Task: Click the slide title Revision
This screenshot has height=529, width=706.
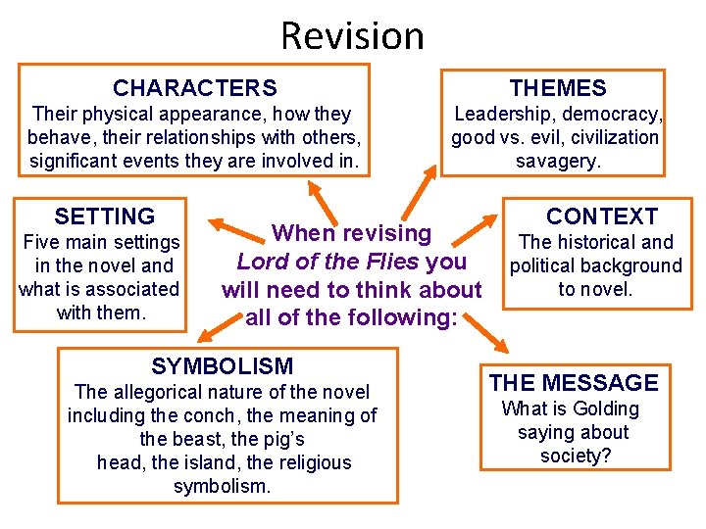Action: coord(352,36)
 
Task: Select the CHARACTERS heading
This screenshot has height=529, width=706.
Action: coord(195,88)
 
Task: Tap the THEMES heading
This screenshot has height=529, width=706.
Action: coord(558,88)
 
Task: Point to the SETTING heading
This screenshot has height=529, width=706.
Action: coord(105,216)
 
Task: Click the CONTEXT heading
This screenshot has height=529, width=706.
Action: coord(602,216)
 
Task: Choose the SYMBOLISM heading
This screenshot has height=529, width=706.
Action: coord(223,366)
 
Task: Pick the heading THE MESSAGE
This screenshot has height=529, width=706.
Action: coord(574,383)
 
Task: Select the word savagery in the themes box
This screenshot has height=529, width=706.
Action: coord(558,161)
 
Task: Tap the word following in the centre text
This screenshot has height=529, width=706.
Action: coord(395,317)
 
